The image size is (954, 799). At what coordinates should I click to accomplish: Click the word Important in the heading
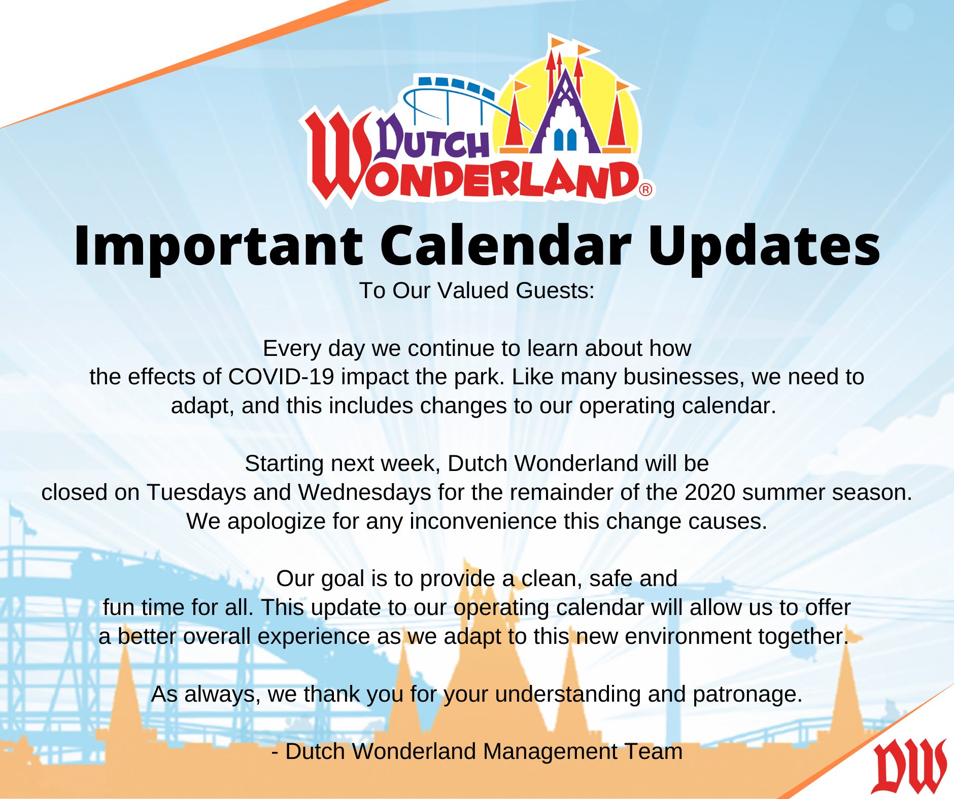coord(218,247)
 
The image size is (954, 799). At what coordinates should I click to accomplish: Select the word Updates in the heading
coord(764,247)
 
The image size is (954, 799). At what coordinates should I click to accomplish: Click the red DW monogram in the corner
coord(909,766)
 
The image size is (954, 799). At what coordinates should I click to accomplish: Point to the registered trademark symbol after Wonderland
coord(645,190)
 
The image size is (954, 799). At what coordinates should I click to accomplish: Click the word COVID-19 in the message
coord(281,377)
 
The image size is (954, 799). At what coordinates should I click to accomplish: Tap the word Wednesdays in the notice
coord(365,492)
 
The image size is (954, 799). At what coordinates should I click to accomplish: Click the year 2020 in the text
coord(710,492)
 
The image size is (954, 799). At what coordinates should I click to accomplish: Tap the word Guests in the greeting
coord(555,290)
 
